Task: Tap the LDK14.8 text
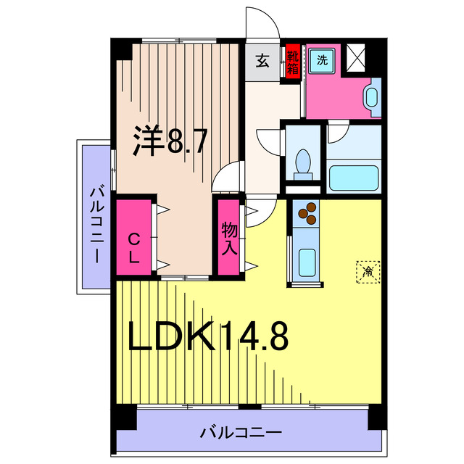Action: click(209, 336)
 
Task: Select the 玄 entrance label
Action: click(262, 62)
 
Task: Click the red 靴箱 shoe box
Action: click(292, 62)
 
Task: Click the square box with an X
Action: click(357, 58)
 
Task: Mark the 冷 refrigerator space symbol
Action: click(368, 272)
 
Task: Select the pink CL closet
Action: click(134, 236)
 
